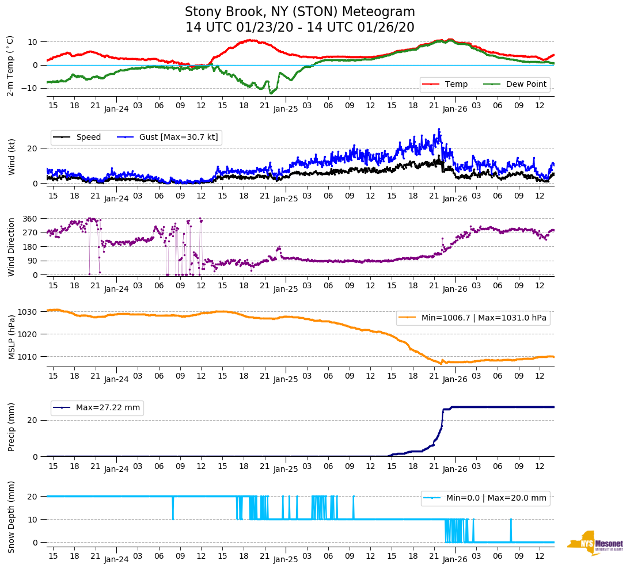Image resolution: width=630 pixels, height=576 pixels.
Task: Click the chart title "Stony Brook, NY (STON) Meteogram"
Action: pos(299,12)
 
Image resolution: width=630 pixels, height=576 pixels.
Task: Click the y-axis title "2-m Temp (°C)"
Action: pos(10,65)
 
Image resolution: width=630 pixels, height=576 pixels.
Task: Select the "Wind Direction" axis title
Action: pos(12,246)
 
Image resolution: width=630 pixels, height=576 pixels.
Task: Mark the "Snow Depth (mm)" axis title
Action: pos(12,517)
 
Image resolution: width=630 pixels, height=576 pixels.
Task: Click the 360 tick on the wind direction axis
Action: pos(30,219)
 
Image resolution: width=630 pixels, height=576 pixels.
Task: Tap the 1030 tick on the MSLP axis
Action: pos(28,312)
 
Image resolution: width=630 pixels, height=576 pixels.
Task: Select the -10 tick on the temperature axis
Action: pos(29,88)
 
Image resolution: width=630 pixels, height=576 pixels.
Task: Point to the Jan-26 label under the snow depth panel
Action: pos(454,559)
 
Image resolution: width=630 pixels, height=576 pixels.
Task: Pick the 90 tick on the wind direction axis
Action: pos(32,261)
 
